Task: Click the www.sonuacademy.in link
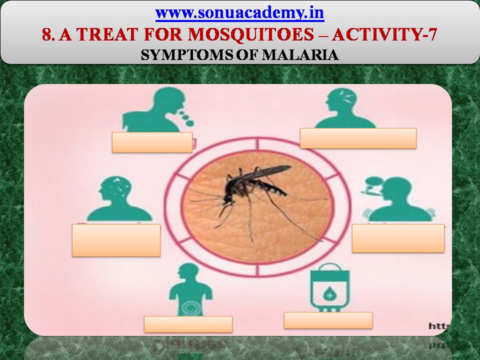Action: [240, 13]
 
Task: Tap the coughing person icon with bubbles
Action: [155, 110]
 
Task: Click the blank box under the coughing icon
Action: [152, 142]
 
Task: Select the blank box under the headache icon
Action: [358, 138]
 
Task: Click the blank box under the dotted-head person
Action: [116, 240]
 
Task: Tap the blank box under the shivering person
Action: [398, 238]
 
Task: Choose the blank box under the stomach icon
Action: [188, 324]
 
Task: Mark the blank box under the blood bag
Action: [328, 320]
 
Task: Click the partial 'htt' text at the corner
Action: [439, 326]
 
